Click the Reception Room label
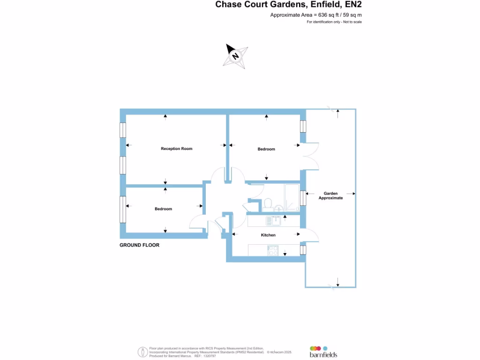pyautogui.click(x=176, y=149)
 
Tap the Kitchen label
pyautogui.click(x=268, y=235)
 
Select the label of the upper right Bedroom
pyautogui.click(x=266, y=149)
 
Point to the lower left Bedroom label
pyautogui.click(x=163, y=209)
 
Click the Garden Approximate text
pyautogui.click(x=330, y=195)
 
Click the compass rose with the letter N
pyautogui.click(x=236, y=56)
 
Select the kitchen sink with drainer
pyautogui.click(x=272, y=219)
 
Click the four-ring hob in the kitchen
pyautogui.click(x=272, y=251)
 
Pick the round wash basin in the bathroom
pyautogui.click(x=279, y=208)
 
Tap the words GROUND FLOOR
pyautogui.click(x=139, y=245)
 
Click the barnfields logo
pyautogui.click(x=323, y=352)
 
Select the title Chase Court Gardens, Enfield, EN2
pyautogui.click(x=288, y=5)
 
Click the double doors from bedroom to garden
pyautogui.click(x=307, y=155)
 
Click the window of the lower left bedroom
pyautogui.click(x=123, y=209)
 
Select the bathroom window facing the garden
pyautogui.click(x=303, y=197)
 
